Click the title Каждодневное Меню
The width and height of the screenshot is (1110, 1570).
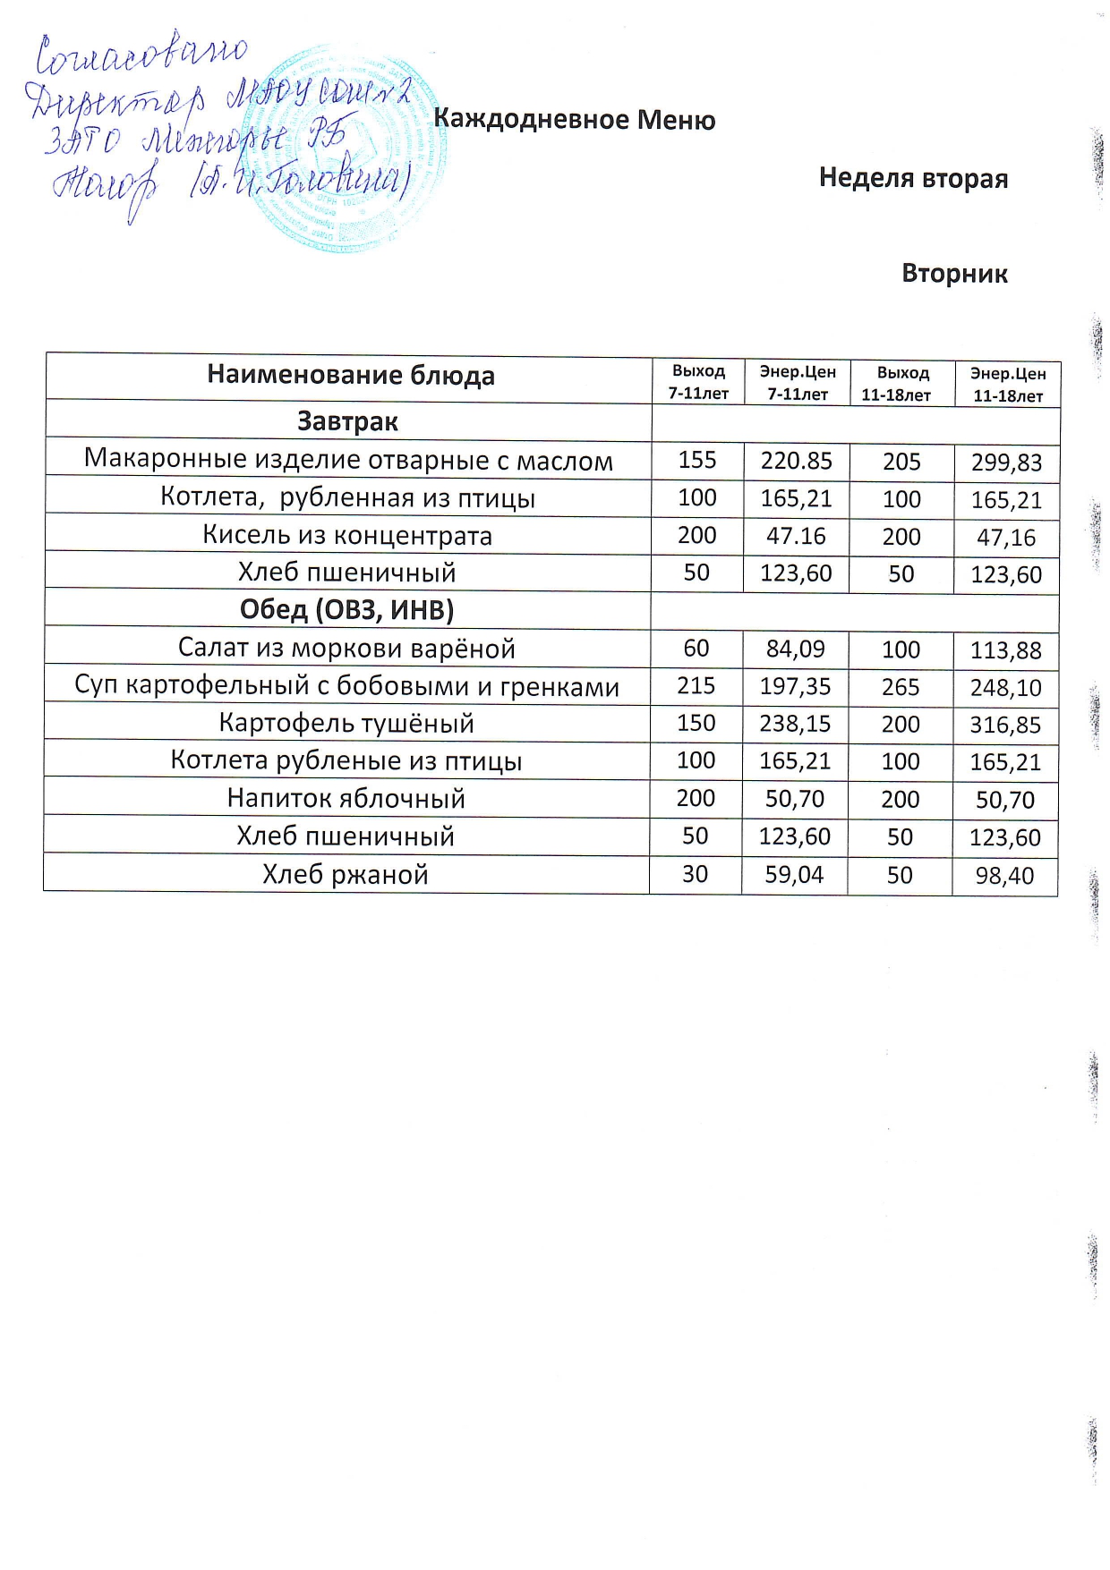574,120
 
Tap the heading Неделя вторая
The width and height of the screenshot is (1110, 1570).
913,178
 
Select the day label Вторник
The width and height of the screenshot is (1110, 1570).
954,273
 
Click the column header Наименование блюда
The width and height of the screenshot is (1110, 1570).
350,375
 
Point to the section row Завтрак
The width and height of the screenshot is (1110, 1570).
347,421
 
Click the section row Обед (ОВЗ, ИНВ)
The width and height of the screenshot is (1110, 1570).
346,609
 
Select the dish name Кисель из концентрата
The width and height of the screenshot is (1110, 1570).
347,535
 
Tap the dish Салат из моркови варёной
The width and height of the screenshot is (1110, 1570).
346,648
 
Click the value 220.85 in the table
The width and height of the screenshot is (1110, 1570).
796,461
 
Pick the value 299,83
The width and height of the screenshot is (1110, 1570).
1007,463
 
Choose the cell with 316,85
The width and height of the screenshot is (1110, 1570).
1005,725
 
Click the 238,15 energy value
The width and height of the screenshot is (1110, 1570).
795,723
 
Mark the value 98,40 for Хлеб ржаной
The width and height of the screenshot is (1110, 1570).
1004,876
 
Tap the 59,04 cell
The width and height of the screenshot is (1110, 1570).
794,874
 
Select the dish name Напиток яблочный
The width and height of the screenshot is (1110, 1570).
346,798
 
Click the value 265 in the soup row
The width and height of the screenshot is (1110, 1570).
900,686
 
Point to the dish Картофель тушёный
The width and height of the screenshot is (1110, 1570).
346,723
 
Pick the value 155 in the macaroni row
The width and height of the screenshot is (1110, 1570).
697,460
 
